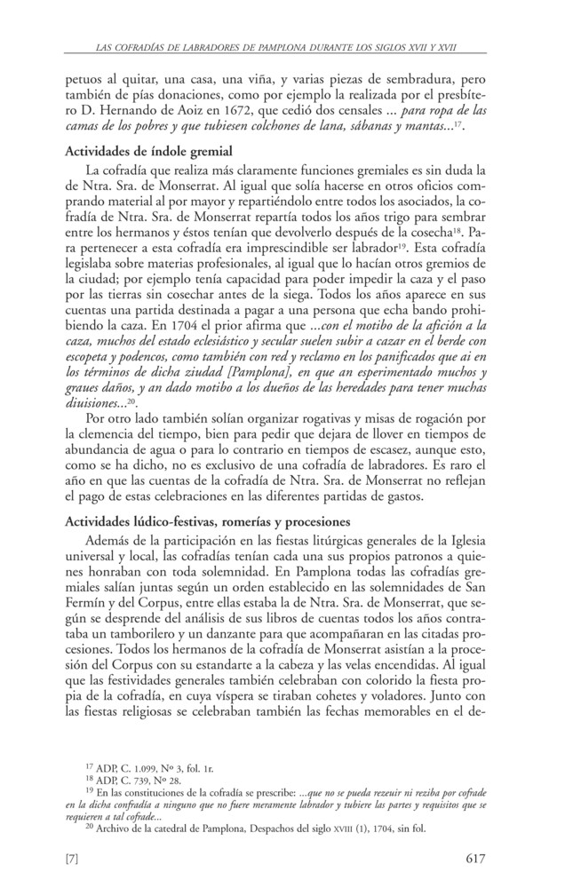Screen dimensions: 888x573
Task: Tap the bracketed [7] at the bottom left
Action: [x=76, y=858]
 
